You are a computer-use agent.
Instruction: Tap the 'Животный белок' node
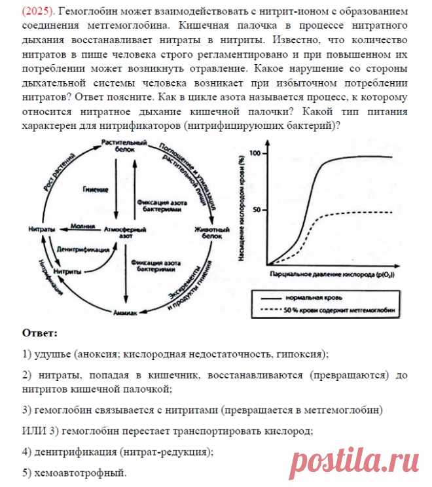[211, 233]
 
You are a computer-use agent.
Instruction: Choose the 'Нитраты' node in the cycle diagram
[41, 230]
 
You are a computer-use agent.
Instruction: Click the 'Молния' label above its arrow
[81, 225]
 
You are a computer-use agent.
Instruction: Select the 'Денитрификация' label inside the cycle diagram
[79, 249]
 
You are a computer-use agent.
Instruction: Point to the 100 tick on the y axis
[256, 153]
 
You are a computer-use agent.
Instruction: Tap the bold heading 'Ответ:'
[40, 333]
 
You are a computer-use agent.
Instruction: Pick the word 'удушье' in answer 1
[53, 354]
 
